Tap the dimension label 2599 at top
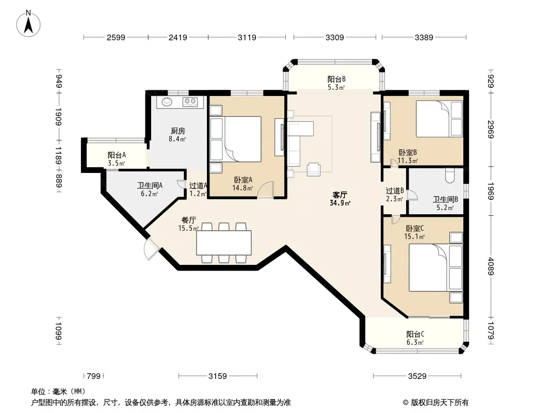coord(116,37)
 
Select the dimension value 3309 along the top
coord(335,37)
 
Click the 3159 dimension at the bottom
coord(218,376)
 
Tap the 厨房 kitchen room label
coord(178,131)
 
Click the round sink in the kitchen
coord(167,102)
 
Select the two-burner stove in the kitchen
coord(190,102)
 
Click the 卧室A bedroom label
coord(243,180)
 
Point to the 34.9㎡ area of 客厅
coord(340,203)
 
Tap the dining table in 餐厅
coord(224,243)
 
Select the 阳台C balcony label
coord(415,335)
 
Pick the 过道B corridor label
coord(395,190)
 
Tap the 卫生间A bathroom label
coord(150,185)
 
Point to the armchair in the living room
coord(314,169)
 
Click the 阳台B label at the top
coord(337,80)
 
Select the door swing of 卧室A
coord(266,189)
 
